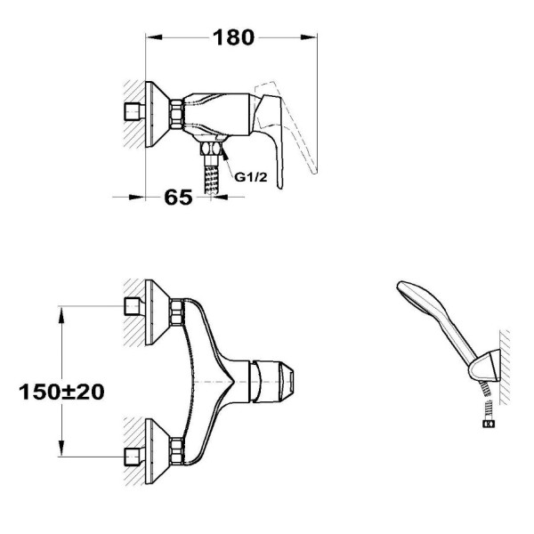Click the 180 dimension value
(x=233, y=37)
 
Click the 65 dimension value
(x=178, y=198)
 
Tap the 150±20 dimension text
(x=61, y=392)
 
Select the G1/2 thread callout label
(x=251, y=177)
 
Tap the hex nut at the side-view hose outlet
(x=211, y=149)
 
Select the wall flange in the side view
(x=157, y=115)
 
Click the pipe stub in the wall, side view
(x=133, y=111)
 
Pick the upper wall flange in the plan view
(x=157, y=312)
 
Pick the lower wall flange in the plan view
(x=157, y=451)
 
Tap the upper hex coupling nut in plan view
(x=177, y=311)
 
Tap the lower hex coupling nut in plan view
(x=177, y=451)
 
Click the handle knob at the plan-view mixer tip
(x=271, y=382)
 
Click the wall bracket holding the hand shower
(x=485, y=366)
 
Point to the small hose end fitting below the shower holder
(x=489, y=424)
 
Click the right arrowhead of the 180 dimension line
(x=309, y=37)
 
